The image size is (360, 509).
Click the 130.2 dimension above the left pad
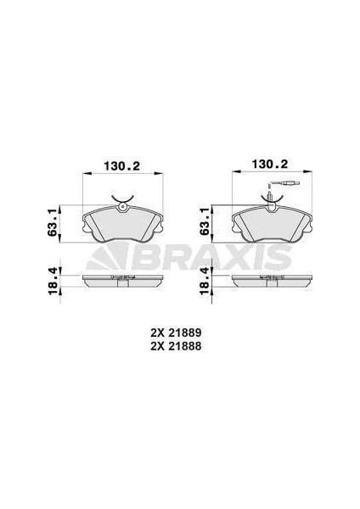[x=121, y=166]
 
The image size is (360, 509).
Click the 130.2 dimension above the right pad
[x=270, y=164]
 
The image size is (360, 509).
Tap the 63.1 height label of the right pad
[x=204, y=222]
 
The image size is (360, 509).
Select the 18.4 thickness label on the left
[x=53, y=281]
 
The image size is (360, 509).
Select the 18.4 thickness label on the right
[x=204, y=281]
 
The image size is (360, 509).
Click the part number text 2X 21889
[x=176, y=333]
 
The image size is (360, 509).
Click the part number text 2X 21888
[x=176, y=346]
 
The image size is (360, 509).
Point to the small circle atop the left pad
[x=122, y=206]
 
